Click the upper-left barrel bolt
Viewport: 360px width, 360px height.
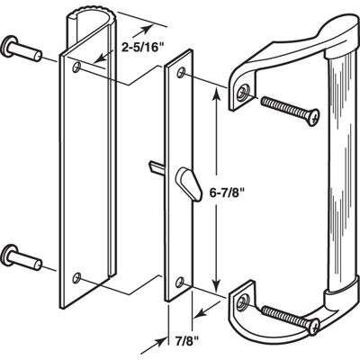[x=22, y=49]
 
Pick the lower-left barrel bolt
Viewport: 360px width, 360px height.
[x=22, y=257]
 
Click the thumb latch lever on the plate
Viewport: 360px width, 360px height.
[x=189, y=183]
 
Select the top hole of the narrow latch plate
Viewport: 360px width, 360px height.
[x=181, y=73]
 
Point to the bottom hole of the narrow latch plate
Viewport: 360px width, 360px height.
[x=180, y=282]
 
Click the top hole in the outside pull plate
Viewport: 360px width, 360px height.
[x=76, y=67]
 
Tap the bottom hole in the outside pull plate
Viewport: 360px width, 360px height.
[x=76, y=277]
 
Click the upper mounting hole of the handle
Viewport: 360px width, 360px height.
[x=241, y=94]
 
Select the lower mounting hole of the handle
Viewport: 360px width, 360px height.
[x=241, y=303]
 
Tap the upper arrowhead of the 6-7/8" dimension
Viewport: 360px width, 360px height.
[x=216, y=92]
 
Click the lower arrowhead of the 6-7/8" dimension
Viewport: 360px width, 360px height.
[x=216, y=286]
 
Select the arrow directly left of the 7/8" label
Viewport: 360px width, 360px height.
[x=153, y=346]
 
